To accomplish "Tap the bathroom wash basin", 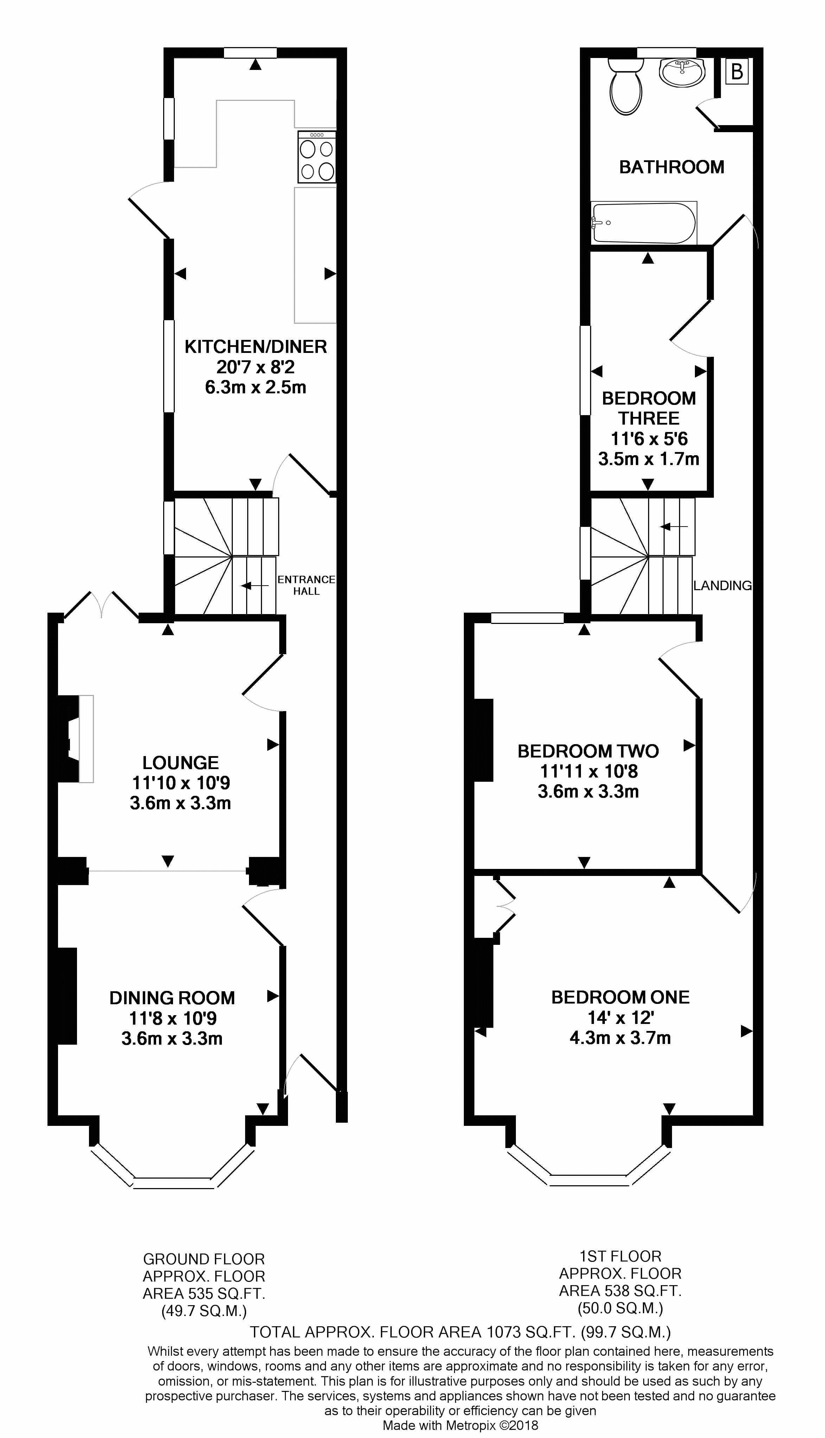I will pyautogui.click(x=683, y=72).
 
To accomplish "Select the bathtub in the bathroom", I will pyautogui.click(x=643, y=223).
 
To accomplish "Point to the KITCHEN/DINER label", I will pyautogui.click(x=256, y=347).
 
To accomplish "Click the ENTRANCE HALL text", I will pyautogui.click(x=306, y=585).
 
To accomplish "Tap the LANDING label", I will pyautogui.click(x=722, y=586).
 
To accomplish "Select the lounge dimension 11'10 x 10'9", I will pyautogui.click(x=181, y=783).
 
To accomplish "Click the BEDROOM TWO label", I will pyautogui.click(x=588, y=751).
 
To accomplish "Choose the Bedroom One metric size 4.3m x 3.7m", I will pyautogui.click(x=620, y=1038).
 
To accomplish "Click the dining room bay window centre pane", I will pyautogui.click(x=174, y=1183).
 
